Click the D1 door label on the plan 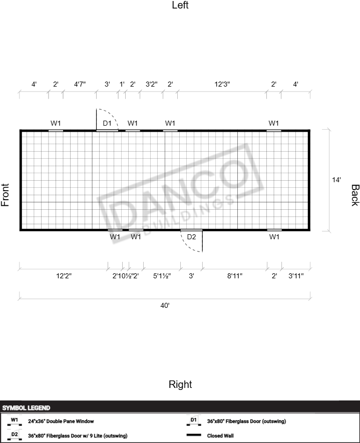pyautogui.click(x=107, y=123)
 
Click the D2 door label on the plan pyautogui.click(x=191, y=237)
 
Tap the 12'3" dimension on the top pyautogui.click(x=222, y=84)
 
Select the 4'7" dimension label pyautogui.click(x=80, y=84)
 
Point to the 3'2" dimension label pyautogui.click(x=151, y=84)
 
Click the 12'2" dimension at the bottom pyautogui.click(x=64, y=276)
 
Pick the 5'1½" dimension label pyautogui.click(x=162, y=276)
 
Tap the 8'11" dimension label pyautogui.click(x=235, y=276)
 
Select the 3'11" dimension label pyautogui.click(x=296, y=276)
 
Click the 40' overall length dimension pyautogui.click(x=165, y=305)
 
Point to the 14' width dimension pyautogui.click(x=336, y=180)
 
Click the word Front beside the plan pyautogui.click(x=5, y=195)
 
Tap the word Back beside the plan pyautogui.click(x=355, y=195)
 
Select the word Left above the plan pyautogui.click(x=180, y=5)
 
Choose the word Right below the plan pyautogui.click(x=180, y=384)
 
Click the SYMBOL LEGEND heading pyautogui.click(x=26, y=408)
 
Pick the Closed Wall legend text pyautogui.click(x=220, y=435)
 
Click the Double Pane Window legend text pyautogui.click(x=61, y=421)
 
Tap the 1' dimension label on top pyautogui.click(x=122, y=84)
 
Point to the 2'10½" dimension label pyautogui.click(x=122, y=276)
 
